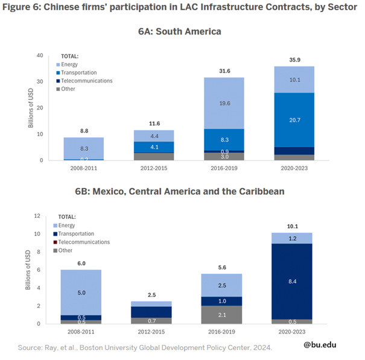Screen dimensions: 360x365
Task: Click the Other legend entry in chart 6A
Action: [69, 89]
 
